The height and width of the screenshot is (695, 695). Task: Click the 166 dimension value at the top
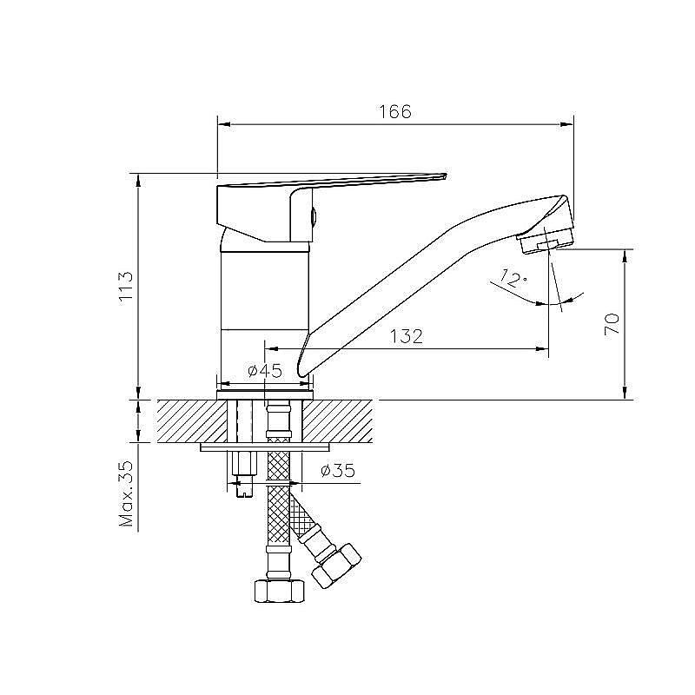394,112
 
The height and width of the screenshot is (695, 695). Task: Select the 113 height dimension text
126,286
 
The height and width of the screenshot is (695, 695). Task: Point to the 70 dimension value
612,323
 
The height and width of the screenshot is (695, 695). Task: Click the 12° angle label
513,279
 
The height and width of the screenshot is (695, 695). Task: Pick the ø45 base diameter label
264,371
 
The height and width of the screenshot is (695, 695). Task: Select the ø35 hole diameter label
337,472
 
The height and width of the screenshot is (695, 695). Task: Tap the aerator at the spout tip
547,239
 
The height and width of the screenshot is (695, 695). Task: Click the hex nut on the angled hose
336,565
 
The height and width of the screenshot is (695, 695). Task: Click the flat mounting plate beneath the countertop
265,448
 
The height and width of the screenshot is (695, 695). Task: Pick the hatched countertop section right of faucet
341,420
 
